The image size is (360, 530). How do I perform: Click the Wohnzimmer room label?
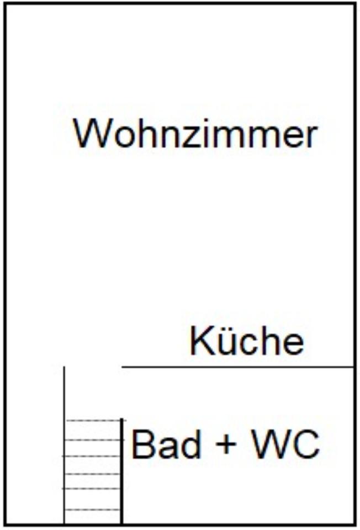pyautogui.click(x=195, y=134)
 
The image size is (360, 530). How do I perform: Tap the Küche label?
pyautogui.click(x=247, y=341)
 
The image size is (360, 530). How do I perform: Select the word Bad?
pyautogui.click(x=166, y=444)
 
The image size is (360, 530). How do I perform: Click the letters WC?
pyautogui.click(x=285, y=444)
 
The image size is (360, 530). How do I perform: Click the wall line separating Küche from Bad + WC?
pyautogui.click(x=237, y=366)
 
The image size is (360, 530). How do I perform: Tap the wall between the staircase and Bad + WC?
pyautogui.click(x=121, y=469)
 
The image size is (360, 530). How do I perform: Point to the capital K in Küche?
pyautogui.click(x=199, y=341)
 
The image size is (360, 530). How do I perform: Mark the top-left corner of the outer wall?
pyautogui.click(x=6, y=4)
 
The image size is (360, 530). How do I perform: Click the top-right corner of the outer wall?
pyautogui.click(x=354, y=4)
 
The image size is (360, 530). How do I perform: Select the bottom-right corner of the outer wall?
pyautogui.click(x=354, y=524)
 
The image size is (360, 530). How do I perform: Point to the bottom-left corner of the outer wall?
pyautogui.click(x=6, y=524)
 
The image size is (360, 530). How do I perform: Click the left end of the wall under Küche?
pyautogui.click(x=123, y=366)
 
